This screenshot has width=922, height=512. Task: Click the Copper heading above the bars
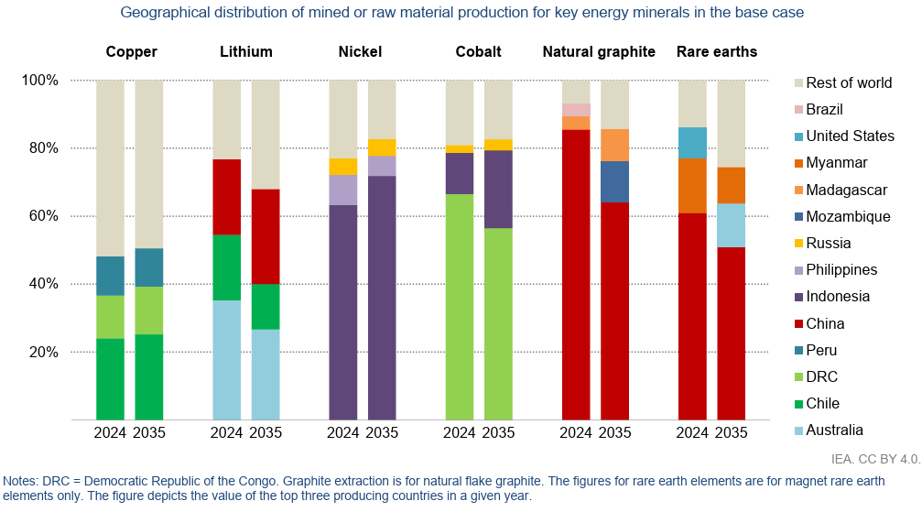click(x=131, y=51)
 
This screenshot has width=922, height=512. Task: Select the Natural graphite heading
click(x=599, y=51)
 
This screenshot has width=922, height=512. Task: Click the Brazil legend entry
click(x=824, y=109)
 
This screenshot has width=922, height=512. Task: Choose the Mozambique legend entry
click(x=848, y=216)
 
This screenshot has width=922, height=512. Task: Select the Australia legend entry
click(x=834, y=430)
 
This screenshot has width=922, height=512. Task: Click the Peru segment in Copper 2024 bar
click(x=110, y=276)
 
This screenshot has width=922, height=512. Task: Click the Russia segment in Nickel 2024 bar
click(x=343, y=167)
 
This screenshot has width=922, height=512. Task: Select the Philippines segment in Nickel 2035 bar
click(x=382, y=166)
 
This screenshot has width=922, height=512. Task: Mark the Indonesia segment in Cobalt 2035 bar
click(x=498, y=189)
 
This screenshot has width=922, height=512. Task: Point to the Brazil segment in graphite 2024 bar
click(x=576, y=110)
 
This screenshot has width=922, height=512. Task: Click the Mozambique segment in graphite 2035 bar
click(x=615, y=181)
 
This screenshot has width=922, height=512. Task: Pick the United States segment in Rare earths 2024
click(x=692, y=143)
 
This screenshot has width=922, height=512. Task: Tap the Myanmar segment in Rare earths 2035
click(x=731, y=185)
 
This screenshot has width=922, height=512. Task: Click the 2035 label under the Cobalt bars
click(x=498, y=432)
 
